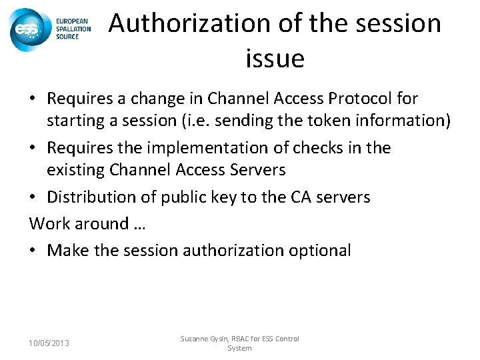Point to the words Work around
pos(78,224)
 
